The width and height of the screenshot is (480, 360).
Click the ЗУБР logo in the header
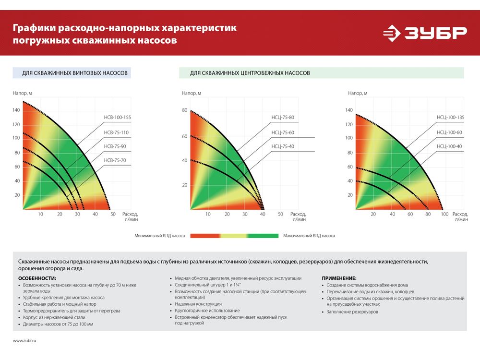[x=424, y=34]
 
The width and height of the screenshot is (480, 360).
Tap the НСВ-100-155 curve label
[x=117, y=118]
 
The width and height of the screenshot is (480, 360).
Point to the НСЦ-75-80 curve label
[x=283, y=118]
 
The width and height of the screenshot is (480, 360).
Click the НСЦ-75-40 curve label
[x=283, y=146]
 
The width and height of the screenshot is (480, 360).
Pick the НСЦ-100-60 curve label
[x=449, y=132]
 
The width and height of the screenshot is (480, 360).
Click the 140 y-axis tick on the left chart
[x=16, y=110]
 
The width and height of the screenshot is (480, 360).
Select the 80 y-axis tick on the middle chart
[x=184, y=110]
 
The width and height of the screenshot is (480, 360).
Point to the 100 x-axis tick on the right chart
[x=444, y=214]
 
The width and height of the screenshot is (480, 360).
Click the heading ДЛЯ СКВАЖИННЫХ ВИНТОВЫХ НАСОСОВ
[x=75, y=73]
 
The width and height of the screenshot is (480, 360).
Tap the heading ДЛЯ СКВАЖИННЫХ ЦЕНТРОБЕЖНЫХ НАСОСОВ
[x=250, y=73]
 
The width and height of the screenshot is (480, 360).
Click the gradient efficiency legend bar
[x=234, y=236]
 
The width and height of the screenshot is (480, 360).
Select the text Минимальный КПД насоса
[x=160, y=236]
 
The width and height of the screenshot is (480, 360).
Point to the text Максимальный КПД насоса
[x=309, y=236]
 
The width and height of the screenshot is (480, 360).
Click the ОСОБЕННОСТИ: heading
[x=37, y=278]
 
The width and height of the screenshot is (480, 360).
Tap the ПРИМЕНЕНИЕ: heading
[x=339, y=278]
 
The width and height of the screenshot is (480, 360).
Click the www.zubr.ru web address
[x=24, y=340]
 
